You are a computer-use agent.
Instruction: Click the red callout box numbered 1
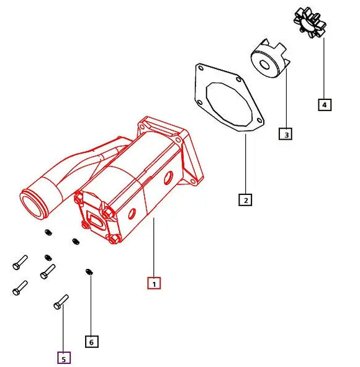tap(154, 283)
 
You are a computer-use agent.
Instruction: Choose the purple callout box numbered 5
tap(63, 358)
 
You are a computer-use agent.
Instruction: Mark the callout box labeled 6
tap(92, 341)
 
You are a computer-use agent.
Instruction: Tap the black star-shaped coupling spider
tap(311, 22)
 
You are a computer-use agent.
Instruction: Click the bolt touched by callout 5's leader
tap(61, 302)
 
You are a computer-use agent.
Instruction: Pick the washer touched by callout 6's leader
tap(89, 271)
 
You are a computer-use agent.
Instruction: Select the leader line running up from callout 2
tap(246, 165)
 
